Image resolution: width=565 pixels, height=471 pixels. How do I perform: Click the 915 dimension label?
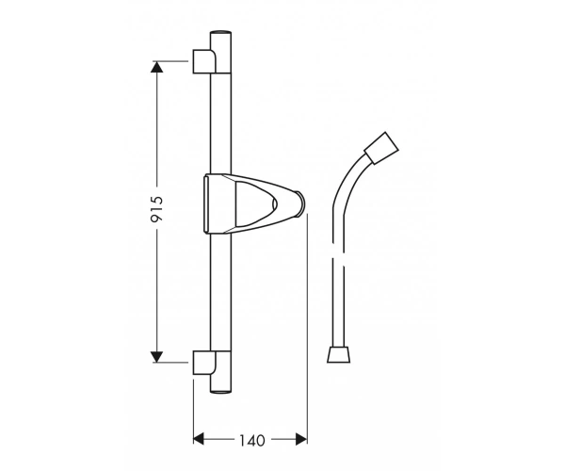pos(157,208)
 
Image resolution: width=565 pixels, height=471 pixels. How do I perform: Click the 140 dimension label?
pos(252,440)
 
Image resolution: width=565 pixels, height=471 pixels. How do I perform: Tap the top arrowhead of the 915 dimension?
pos(156,67)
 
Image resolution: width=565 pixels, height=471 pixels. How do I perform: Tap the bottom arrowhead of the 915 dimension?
pos(156,357)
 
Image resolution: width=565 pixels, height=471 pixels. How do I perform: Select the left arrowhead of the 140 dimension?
pos(199,439)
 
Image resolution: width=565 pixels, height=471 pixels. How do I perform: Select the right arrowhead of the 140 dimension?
pos(301,439)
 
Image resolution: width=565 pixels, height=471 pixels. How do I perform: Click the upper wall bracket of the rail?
pos(204,61)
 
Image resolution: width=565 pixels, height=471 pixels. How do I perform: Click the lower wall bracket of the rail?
pos(204,363)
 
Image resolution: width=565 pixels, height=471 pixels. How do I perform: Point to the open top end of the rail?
pos(220,33)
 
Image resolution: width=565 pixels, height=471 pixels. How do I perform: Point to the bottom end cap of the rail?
pos(220,391)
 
